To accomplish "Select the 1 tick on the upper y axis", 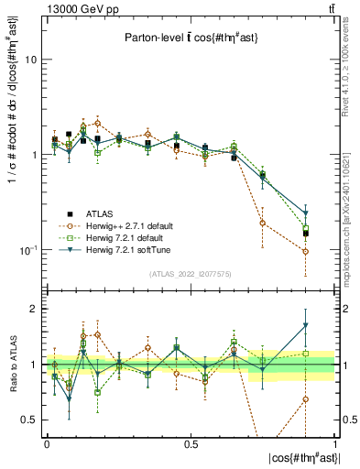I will coord(34,155).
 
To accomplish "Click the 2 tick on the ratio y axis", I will coord(34,310).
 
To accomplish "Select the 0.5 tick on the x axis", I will coord(191,444).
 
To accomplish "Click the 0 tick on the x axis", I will coord(47,444).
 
